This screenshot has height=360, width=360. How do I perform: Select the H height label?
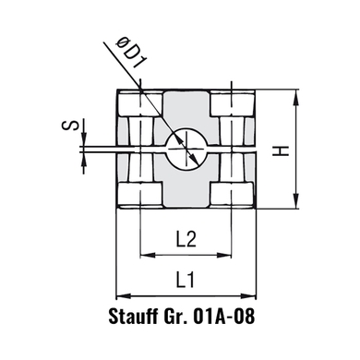(x=281, y=150)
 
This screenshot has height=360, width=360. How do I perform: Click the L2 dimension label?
(x=186, y=239)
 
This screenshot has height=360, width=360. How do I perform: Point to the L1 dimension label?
(x=186, y=280)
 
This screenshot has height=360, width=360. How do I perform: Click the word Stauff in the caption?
(x=132, y=316)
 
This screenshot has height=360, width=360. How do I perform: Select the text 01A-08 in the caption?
(x=224, y=316)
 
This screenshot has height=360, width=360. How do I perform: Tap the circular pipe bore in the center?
(x=186, y=149)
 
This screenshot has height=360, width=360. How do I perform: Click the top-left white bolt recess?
(x=140, y=103)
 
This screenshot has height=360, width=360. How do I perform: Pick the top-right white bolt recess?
(x=233, y=103)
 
